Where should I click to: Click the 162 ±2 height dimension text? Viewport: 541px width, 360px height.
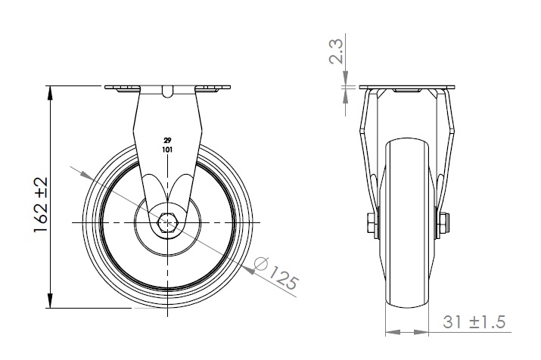point(40,205)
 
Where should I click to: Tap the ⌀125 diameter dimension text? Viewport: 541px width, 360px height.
point(275,272)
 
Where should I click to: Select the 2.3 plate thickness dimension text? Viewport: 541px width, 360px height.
point(336,51)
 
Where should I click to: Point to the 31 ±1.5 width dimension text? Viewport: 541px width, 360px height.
point(474,322)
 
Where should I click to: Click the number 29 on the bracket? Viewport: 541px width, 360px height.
point(167,141)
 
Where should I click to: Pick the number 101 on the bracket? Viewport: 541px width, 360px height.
point(167,150)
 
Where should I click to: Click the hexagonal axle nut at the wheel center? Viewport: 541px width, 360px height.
point(168,223)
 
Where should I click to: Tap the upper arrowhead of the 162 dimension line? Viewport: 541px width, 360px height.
point(51,93)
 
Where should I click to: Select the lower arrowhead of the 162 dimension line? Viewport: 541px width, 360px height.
point(51,301)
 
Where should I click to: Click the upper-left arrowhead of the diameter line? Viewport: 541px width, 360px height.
point(86,175)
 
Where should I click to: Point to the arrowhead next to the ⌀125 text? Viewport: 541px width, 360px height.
point(248,270)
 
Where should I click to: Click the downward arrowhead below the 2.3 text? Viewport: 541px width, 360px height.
point(346,78)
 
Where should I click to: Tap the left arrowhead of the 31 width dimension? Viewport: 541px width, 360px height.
point(393,333)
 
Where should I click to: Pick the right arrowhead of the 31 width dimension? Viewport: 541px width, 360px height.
point(421,333)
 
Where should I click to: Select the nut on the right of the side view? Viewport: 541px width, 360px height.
point(444,223)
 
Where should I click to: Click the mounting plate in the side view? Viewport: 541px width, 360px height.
point(407,87)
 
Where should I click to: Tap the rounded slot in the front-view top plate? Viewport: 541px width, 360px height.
point(167,92)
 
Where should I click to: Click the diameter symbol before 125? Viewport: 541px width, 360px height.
point(261,264)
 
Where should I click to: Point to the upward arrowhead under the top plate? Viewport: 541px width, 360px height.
point(346,97)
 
